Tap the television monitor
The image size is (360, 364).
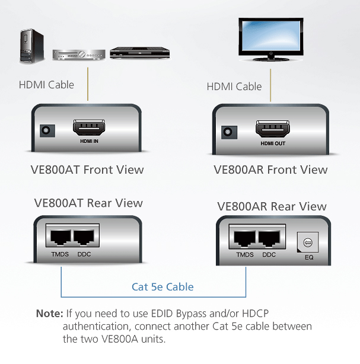272,37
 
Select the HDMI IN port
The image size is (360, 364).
88,127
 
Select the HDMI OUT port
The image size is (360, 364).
272,129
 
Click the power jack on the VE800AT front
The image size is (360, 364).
44,130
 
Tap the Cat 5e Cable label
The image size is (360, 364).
163,287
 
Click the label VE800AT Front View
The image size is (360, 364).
87,170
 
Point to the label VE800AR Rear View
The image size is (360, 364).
272,207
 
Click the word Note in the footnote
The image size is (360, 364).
49,313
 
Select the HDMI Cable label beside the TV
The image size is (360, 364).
234,87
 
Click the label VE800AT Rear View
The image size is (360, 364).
87,203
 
